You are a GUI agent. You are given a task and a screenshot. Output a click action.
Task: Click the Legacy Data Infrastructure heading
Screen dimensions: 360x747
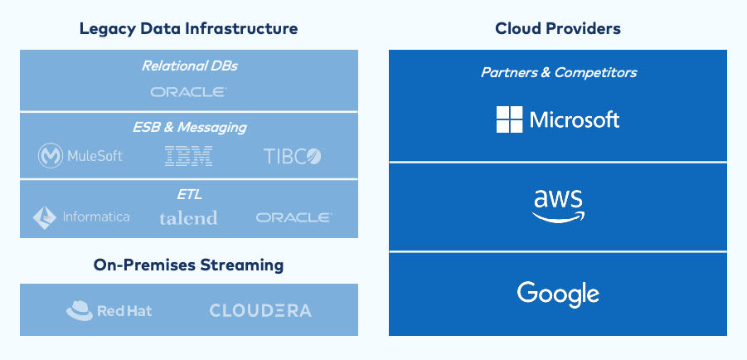point(188,29)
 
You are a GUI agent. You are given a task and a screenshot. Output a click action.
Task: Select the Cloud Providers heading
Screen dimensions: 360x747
point(558,29)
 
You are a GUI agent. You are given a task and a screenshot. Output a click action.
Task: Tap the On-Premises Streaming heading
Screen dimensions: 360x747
point(188,265)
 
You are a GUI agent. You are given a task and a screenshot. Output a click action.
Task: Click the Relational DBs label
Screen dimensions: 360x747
point(189,66)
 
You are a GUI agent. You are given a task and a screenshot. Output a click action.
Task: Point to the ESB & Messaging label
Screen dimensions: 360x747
point(189,128)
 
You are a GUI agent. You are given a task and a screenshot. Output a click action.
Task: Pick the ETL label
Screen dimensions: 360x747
point(189,195)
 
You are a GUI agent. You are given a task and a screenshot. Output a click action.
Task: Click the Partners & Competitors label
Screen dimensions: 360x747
point(558,73)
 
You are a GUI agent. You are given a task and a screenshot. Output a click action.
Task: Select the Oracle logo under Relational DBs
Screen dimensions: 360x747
point(189,92)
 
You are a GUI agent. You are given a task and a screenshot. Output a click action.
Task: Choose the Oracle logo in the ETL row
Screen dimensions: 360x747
point(294,217)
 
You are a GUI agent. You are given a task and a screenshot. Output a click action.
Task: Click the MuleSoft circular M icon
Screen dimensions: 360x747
point(51,156)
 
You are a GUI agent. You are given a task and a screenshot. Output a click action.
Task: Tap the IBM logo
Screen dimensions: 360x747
point(189,155)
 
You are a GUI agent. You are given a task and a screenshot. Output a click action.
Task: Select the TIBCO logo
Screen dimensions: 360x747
point(292,156)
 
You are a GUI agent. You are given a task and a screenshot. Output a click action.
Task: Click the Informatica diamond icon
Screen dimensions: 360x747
point(45,217)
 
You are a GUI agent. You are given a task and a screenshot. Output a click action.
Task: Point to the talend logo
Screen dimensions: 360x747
point(188,218)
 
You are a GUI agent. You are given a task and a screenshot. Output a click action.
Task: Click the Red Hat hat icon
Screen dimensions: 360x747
point(79,311)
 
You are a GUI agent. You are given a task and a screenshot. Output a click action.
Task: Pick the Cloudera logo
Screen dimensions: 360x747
point(260,311)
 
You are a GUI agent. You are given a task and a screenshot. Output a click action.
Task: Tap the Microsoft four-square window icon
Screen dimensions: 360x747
point(509,119)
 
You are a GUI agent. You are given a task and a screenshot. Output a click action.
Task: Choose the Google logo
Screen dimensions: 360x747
point(558,294)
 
